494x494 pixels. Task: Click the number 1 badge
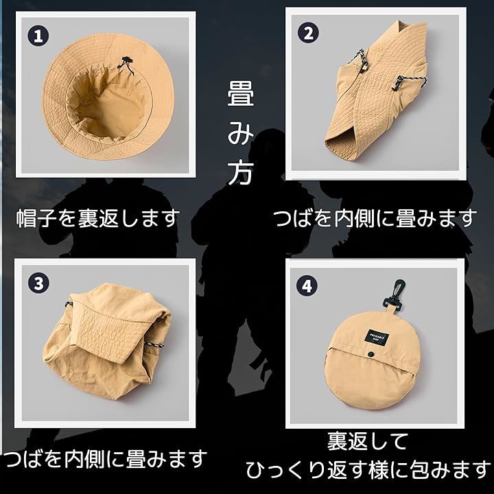38,36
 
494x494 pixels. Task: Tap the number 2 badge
308,33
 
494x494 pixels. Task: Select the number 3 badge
38,283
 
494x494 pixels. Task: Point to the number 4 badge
307,285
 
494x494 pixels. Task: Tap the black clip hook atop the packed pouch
394,294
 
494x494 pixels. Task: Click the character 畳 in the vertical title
241,93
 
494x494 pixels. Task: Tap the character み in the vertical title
241,134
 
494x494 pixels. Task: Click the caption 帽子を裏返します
98,218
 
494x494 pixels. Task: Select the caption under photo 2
375,218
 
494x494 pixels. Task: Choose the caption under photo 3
105,458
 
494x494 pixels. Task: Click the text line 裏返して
367,441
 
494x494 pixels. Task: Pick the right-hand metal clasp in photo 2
397,83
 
